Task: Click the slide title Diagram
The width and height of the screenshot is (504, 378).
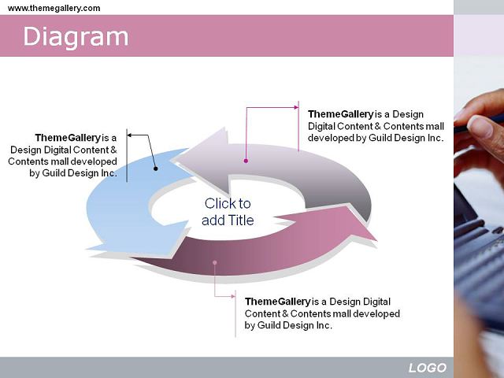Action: point(76,37)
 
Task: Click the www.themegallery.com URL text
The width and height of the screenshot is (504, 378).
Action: point(54,8)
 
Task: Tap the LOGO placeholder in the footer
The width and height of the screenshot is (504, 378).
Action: point(428,368)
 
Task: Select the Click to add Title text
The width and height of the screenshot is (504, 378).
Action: point(228,212)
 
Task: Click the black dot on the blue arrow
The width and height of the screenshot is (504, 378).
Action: point(156,169)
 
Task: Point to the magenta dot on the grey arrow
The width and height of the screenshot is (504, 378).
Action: point(246,161)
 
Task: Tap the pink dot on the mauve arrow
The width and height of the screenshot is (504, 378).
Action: point(215,262)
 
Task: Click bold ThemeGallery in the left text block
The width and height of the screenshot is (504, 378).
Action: point(68,138)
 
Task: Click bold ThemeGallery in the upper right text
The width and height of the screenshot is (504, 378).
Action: point(341,114)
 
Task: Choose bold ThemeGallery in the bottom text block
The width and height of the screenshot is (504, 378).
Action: point(278,302)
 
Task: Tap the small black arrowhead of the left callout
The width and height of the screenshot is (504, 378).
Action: point(129,135)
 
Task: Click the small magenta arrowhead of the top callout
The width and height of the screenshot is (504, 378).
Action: point(296,107)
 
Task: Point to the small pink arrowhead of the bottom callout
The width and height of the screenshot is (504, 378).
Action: point(233,296)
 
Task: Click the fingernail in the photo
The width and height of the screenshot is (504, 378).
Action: point(480,126)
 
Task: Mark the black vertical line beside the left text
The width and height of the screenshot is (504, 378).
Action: point(127,156)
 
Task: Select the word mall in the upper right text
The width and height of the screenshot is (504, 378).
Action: point(435,126)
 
